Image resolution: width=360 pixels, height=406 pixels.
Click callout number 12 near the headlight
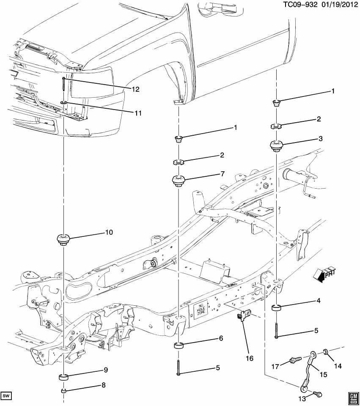click(135, 89)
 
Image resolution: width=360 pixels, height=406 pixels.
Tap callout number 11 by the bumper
click(137, 113)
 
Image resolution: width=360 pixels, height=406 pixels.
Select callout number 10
click(109, 232)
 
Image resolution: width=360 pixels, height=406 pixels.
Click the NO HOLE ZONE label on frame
click(201, 312)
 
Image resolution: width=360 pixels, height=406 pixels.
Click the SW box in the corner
click(6, 396)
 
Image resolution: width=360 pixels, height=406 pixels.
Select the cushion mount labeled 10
click(63, 239)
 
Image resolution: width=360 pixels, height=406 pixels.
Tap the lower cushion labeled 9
click(63, 377)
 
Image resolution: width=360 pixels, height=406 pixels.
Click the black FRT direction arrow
click(323, 273)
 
